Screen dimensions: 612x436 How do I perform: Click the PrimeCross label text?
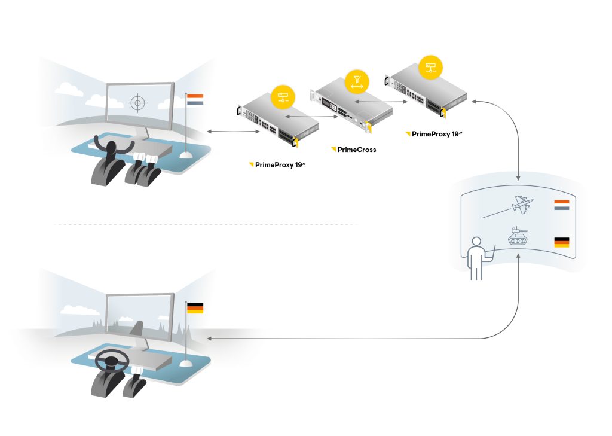point(357,150)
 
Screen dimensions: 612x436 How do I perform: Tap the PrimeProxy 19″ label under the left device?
point(280,165)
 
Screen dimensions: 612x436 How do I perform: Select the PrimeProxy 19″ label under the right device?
point(437,134)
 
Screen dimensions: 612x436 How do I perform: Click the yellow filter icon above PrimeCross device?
point(357,82)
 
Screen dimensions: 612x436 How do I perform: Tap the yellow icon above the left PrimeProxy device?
point(283,97)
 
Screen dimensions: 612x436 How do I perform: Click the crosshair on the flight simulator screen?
point(137,103)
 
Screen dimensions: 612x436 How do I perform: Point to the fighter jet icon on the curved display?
point(522,205)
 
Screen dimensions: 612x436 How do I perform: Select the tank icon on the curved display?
point(518,236)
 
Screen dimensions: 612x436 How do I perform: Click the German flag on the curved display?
point(562,242)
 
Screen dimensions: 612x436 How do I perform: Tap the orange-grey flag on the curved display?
point(562,205)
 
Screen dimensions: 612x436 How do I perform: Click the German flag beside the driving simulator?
point(195,308)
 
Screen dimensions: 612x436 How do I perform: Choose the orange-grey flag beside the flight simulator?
point(195,100)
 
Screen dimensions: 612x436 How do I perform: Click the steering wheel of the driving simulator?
point(112,359)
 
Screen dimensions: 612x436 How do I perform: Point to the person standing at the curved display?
point(478,258)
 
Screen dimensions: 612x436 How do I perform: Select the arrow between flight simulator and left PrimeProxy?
point(233,132)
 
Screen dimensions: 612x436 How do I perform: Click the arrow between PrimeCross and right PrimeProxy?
point(381,102)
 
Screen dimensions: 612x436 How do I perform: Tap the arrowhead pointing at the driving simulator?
point(209,339)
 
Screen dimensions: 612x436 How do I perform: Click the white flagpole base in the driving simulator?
point(186,364)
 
